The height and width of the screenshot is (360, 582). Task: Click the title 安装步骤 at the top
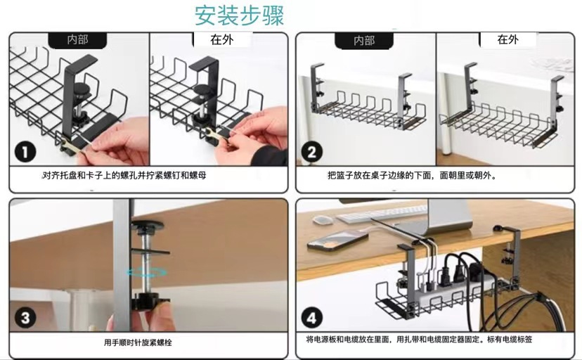pos(240,15)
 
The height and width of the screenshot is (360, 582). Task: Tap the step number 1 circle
pos(25,151)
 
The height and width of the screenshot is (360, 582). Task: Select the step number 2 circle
pos(312,151)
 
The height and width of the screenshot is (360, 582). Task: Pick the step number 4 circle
pos(312,317)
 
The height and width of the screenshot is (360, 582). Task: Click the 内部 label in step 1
pos(77,40)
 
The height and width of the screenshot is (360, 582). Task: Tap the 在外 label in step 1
pos(222,40)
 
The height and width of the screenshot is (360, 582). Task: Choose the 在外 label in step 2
pos(507,40)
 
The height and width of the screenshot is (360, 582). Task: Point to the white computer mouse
pos(322,219)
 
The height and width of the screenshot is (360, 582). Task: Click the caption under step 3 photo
pos(138,342)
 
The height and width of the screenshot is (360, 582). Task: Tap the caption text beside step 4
pos(419,339)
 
